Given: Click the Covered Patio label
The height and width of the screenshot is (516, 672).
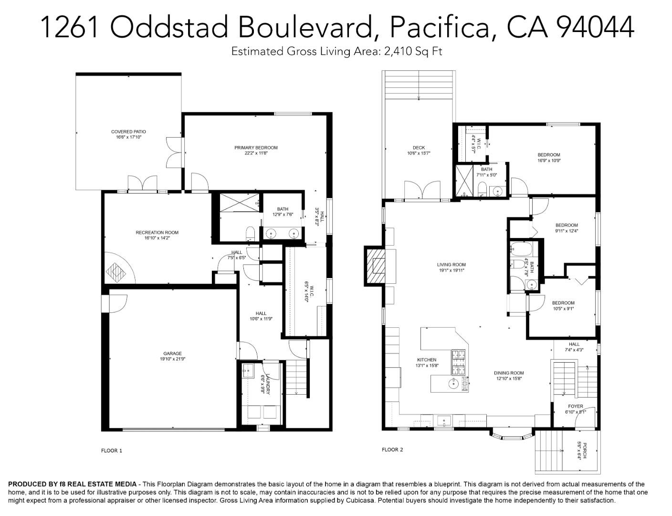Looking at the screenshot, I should [128, 131].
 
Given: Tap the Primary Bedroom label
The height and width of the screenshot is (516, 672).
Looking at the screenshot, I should [256, 148].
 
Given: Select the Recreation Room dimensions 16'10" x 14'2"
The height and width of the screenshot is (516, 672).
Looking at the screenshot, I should [157, 238].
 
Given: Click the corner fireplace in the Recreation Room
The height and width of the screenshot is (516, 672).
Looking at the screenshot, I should [116, 273].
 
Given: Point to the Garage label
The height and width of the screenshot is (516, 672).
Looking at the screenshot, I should [173, 354].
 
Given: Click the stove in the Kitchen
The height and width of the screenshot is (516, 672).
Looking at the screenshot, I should [459, 362].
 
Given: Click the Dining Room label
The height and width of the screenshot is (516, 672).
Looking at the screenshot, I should [509, 373].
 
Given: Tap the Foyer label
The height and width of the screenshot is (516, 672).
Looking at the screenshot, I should [575, 406].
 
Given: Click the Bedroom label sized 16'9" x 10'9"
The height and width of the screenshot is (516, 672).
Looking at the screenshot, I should [549, 155].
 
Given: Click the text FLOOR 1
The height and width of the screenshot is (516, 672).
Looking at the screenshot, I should [112, 451].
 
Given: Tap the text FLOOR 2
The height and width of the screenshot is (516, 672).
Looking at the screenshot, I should [392, 450].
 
